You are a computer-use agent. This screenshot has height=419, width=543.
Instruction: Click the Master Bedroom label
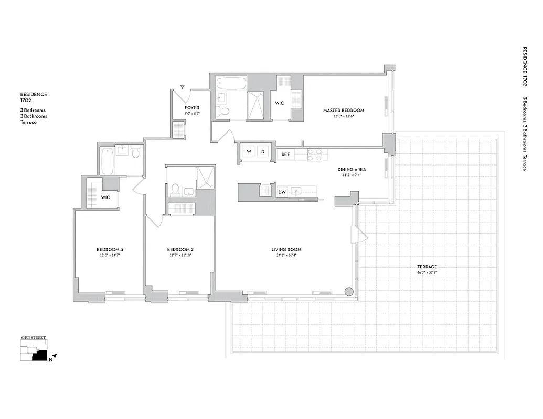coord(343,111)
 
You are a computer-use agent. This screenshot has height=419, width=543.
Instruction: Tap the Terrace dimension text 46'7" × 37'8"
coord(428,272)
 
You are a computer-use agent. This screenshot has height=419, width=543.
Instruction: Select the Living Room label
coord(286,249)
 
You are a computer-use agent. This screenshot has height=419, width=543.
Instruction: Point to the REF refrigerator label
coord(285,155)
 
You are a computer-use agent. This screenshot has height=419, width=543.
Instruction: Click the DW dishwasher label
coord(282,192)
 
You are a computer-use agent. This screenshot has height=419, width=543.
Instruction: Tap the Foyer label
coord(192,108)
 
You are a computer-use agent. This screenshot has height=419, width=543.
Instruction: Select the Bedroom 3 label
coord(109,249)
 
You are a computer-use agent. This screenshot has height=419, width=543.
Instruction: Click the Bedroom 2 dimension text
coord(180,255)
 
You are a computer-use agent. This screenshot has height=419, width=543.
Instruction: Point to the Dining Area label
coord(352,170)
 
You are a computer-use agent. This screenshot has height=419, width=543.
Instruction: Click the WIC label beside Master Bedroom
coord(280,103)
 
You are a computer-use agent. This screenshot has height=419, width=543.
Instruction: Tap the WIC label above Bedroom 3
coord(105,197)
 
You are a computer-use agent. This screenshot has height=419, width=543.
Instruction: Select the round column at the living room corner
coord(349,292)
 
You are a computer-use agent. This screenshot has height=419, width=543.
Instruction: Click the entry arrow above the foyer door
coord(183,86)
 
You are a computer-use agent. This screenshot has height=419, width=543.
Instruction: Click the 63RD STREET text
coord(32,338)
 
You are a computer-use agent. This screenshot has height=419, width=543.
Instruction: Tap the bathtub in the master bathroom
coord(231,83)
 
